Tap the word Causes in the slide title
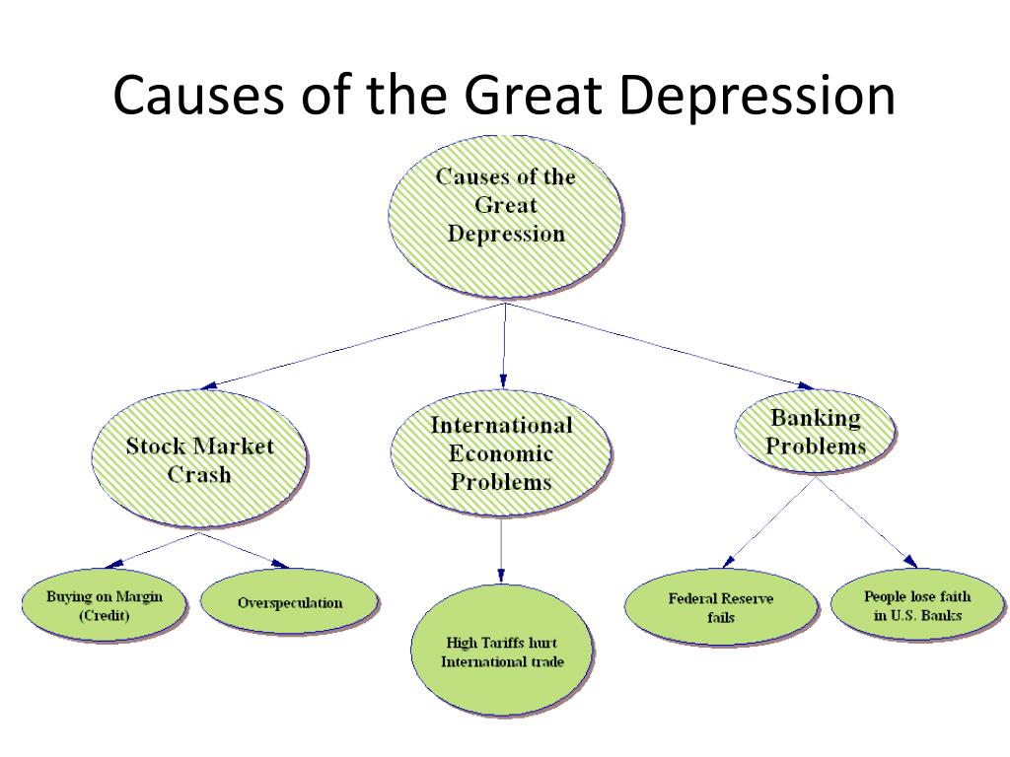[x=198, y=95]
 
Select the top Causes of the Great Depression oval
[x=506, y=217]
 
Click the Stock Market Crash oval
[x=199, y=459]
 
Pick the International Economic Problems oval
[x=501, y=453]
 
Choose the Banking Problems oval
[x=816, y=432]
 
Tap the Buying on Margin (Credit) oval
[x=105, y=605]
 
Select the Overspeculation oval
[x=290, y=602]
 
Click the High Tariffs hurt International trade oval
[x=502, y=652]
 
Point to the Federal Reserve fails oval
[x=721, y=607]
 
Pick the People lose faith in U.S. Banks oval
[x=917, y=605]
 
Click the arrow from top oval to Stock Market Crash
[x=353, y=346]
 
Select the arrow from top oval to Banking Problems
[x=660, y=346]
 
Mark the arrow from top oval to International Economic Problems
[x=504, y=346]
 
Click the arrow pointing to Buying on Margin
[x=152, y=550]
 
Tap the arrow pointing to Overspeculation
[x=244, y=550]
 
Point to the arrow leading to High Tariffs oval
[x=501, y=550]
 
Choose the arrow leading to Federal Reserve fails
[x=769, y=522]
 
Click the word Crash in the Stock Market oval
[x=199, y=475]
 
